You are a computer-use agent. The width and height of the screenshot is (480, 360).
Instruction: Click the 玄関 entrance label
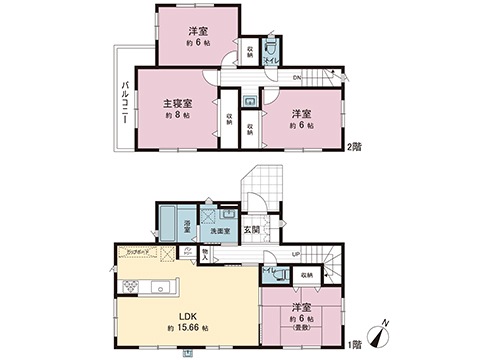254,230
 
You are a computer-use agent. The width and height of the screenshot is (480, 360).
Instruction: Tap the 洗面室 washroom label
219,232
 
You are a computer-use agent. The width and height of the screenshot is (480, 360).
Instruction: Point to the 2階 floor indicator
354,148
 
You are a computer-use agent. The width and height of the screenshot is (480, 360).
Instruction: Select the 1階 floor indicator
354,343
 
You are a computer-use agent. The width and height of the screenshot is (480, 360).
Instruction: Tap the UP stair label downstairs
296,255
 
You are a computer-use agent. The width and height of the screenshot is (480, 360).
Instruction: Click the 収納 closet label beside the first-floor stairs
306,272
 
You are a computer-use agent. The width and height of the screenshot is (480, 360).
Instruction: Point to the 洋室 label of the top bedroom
197,30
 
